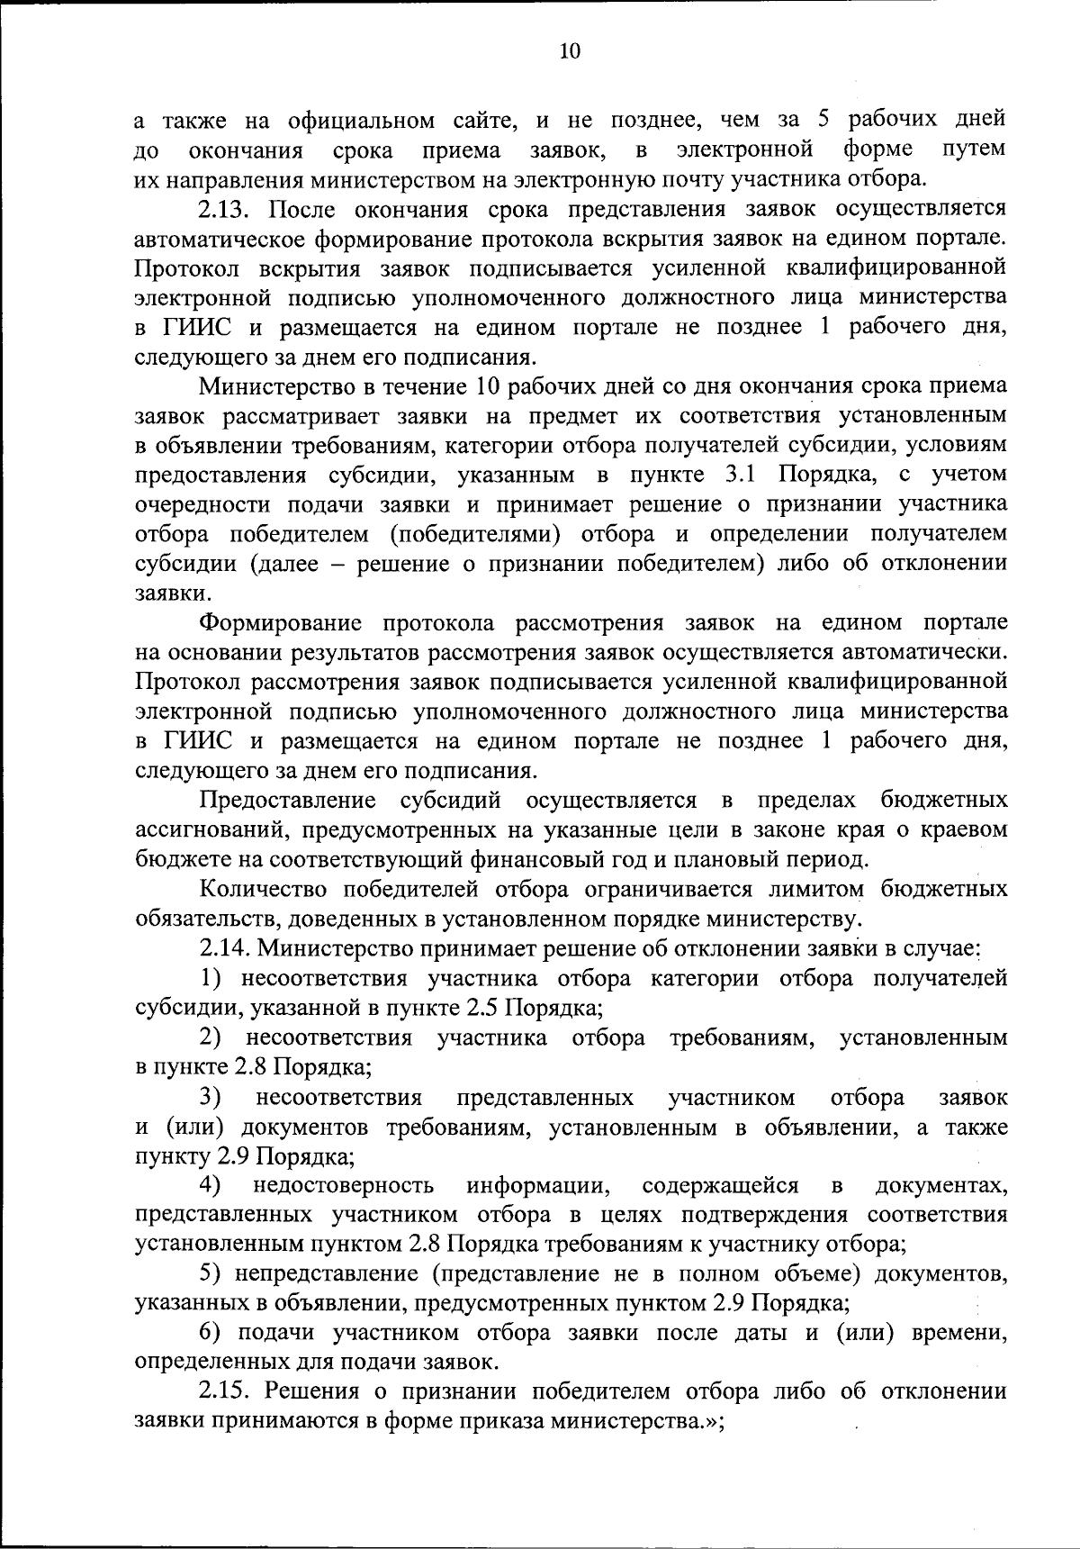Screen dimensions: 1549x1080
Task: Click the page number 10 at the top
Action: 570,51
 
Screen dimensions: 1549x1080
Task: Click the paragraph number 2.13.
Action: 229,209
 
